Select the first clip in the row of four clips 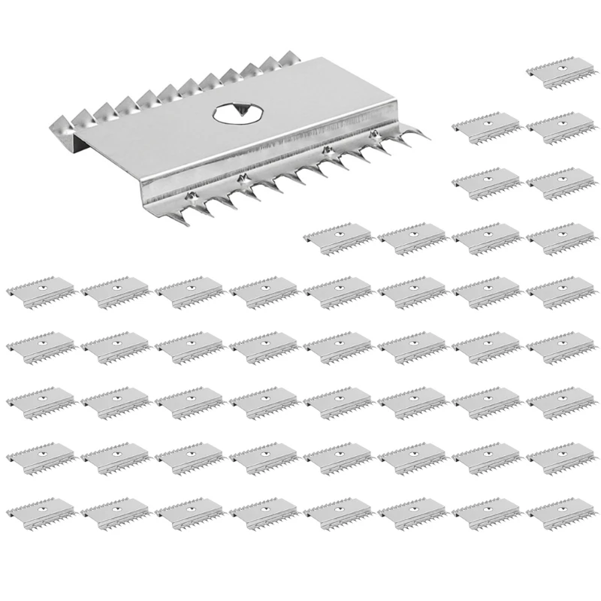click(x=338, y=238)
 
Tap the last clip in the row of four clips click(x=560, y=238)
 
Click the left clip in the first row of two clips click(x=487, y=127)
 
